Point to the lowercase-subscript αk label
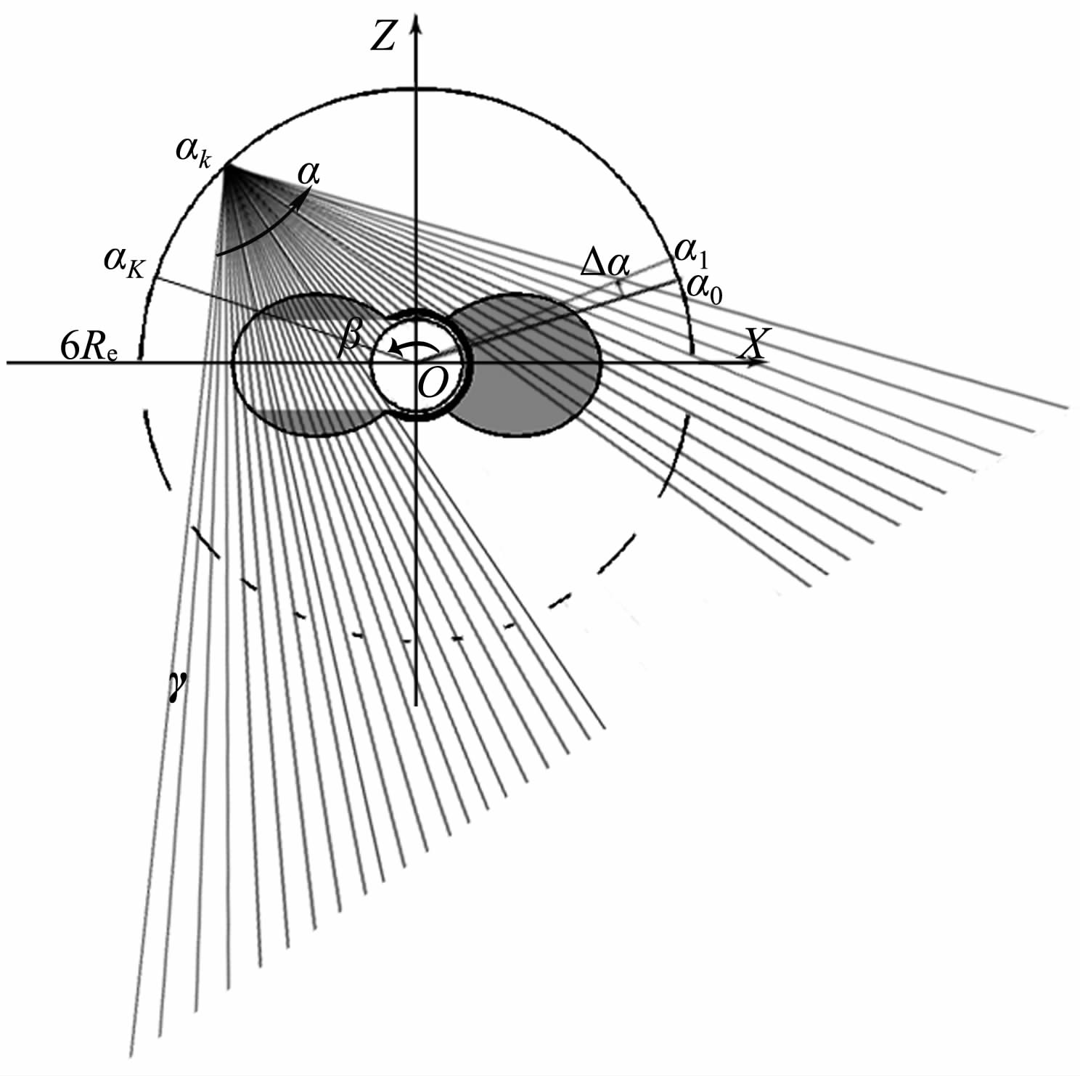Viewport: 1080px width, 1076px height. tap(194, 152)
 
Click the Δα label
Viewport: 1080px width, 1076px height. tap(604, 265)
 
